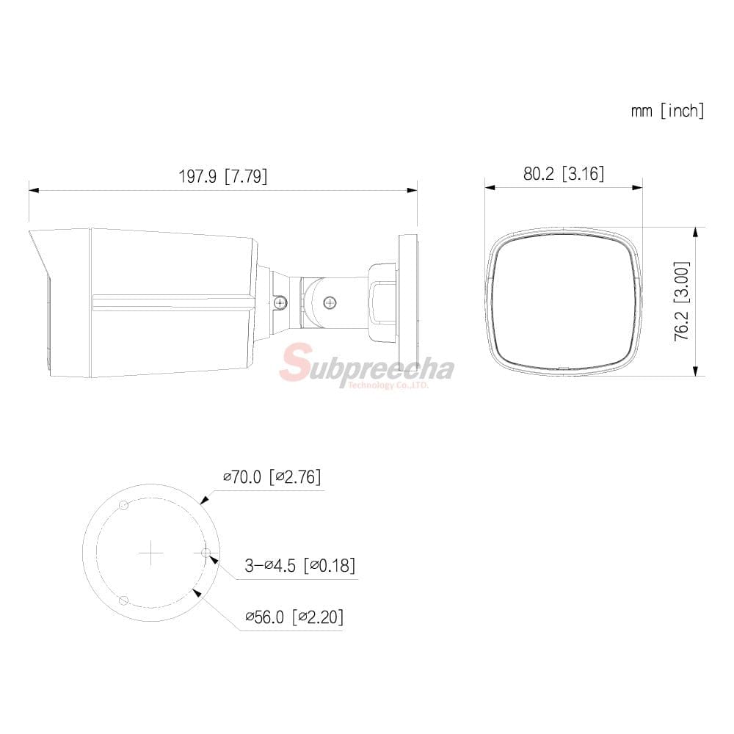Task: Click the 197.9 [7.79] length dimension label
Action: pyautogui.click(x=223, y=176)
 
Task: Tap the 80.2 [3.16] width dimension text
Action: pyautogui.click(x=564, y=174)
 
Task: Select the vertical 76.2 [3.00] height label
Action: pyautogui.click(x=682, y=301)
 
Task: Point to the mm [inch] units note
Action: pyautogui.click(x=667, y=111)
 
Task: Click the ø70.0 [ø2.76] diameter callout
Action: pyautogui.click(x=272, y=477)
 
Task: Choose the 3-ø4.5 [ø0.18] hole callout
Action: pyautogui.click(x=300, y=565)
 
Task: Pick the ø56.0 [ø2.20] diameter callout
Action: pyautogui.click(x=294, y=617)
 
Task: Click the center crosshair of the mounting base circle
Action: pyautogui.click(x=151, y=553)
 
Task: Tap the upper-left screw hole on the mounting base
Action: pyautogui.click(x=124, y=506)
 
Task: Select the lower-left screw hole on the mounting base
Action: pyautogui.click(x=124, y=600)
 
